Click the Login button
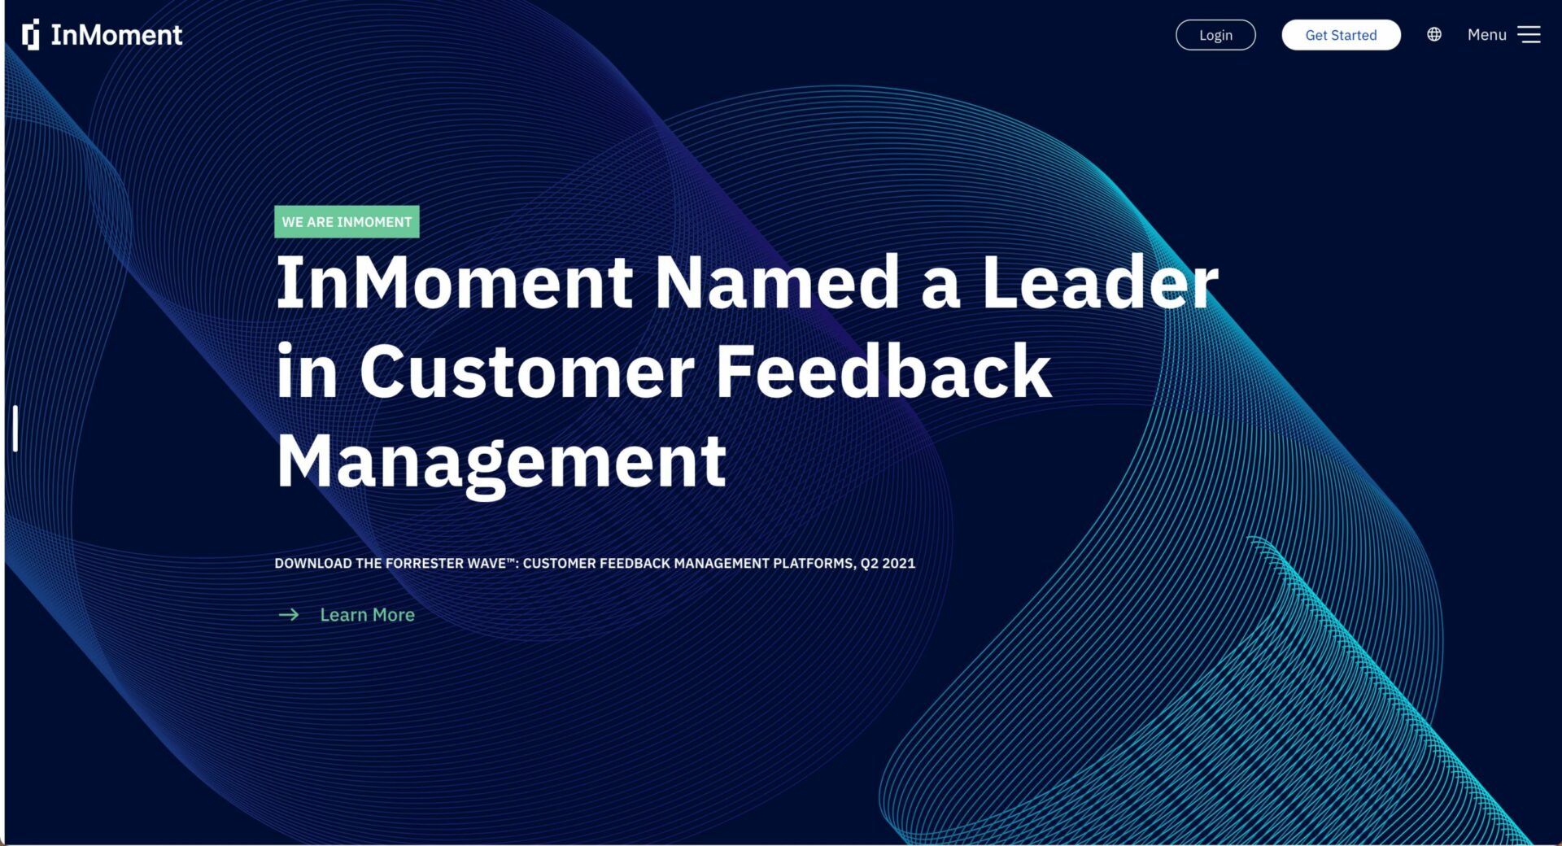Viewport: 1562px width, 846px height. click(1215, 35)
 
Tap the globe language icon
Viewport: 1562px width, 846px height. click(1434, 34)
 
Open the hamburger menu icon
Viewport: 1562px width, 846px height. click(1529, 34)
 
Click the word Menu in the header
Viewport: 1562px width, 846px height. click(1487, 34)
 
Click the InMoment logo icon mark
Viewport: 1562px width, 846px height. click(31, 35)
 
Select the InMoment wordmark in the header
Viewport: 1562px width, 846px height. click(116, 35)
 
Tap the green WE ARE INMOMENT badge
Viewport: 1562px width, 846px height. click(347, 222)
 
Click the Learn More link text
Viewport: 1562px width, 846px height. click(367, 615)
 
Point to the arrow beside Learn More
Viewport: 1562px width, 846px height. click(289, 615)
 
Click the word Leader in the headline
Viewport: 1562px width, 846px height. click(1101, 282)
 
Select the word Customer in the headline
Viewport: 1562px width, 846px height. click(527, 372)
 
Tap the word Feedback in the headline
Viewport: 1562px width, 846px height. click(884, 372)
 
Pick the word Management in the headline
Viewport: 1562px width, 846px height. click(501, 462)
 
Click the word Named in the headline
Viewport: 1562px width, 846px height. click(777, 282)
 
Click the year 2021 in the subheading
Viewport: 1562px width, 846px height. click(899, 563)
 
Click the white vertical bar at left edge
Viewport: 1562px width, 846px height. click(15, 428)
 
